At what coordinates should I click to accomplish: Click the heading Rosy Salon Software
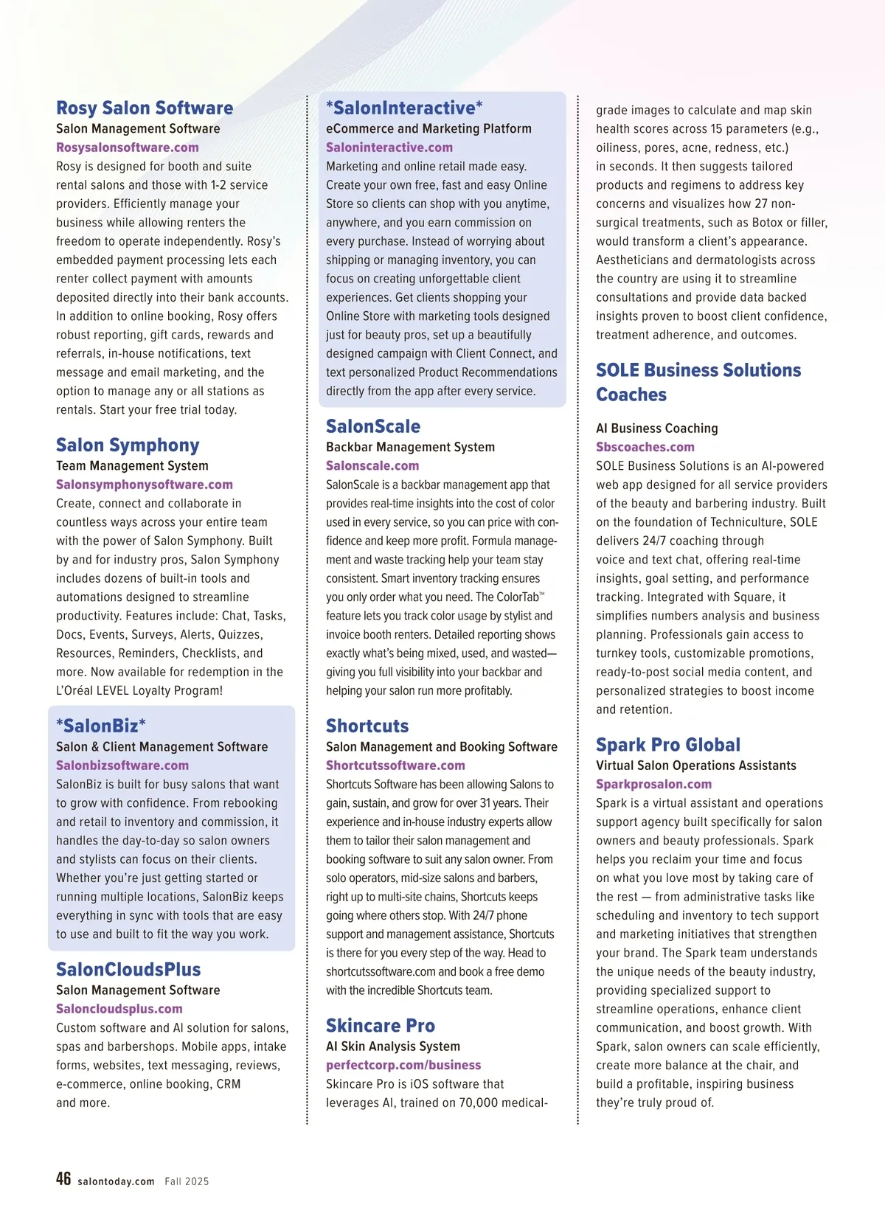click(x=145, y=108)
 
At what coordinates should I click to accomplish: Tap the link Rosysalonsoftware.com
click(x=128, y=147)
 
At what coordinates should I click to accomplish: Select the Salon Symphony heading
click(x=128, y=445)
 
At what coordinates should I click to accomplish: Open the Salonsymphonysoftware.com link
click(x=145, y=485)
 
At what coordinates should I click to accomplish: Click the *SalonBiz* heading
click(x=101, y=726)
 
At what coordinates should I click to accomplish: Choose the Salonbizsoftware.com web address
click(x=122, y=766)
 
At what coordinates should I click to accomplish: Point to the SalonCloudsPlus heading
click(x=128, y=970)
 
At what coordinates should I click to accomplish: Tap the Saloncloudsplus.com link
click(x=119, y=1009)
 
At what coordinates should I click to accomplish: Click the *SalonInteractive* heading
click(x=404, y=108)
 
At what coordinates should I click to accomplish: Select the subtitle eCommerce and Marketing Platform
click(x=428, y=128)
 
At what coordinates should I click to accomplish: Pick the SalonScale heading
click(x=373, y=426)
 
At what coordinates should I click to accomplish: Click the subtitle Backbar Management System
click(x=410, y=447)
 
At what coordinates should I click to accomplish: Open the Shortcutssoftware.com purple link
click(x=395, y=766)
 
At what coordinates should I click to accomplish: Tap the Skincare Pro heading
click(x=381, y=1026)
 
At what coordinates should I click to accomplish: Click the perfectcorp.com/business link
click(x=403, y=1065)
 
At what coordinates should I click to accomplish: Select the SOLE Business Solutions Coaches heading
click(x=698, y=382)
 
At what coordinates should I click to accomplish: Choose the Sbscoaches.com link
click(x=645, y=447)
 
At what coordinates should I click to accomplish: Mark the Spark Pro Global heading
click(x=668, y=745)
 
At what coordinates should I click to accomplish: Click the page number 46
click(x=63, y=1179)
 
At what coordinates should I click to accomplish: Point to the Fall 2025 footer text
click(x=187, y=1181)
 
